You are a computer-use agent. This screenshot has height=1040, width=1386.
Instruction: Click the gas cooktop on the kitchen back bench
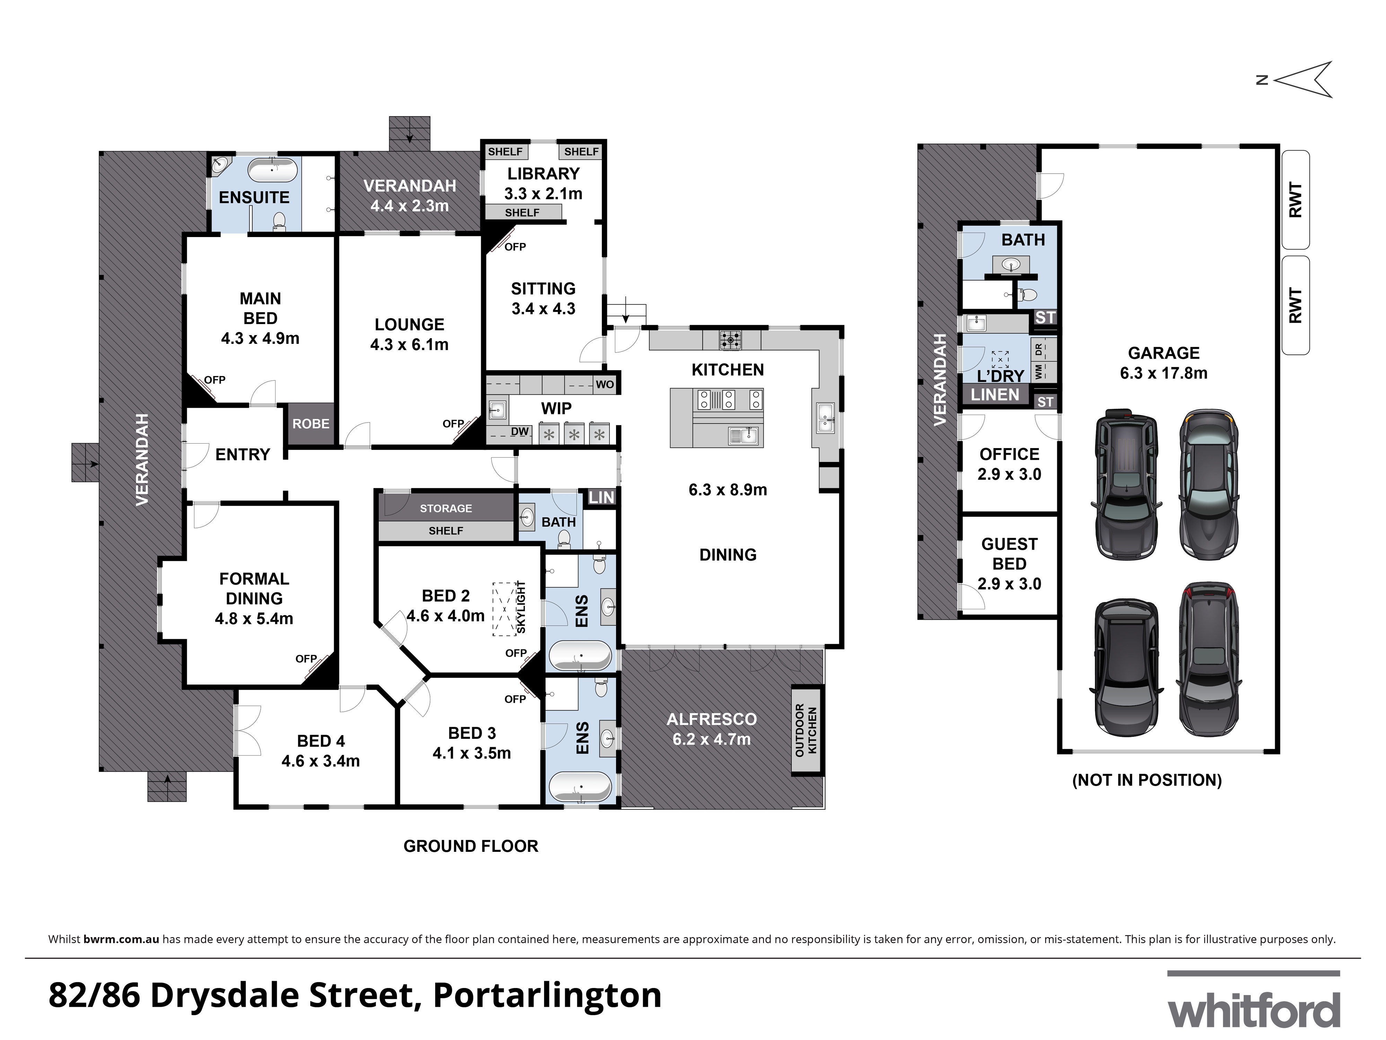(x=730, y=340)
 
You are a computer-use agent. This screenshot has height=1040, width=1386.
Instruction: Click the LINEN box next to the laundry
(x=995, y=395)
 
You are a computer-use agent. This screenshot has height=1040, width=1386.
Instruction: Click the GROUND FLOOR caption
(x=471, y=846)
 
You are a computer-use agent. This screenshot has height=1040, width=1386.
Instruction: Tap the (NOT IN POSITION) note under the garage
(x=1147, y=780)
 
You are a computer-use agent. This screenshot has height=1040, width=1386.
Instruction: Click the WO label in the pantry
(x=605, y=384)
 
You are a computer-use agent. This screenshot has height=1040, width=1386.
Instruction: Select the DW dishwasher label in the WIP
(x=519, y=432)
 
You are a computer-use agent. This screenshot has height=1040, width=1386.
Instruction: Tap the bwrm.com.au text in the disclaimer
(x=121, y=939)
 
